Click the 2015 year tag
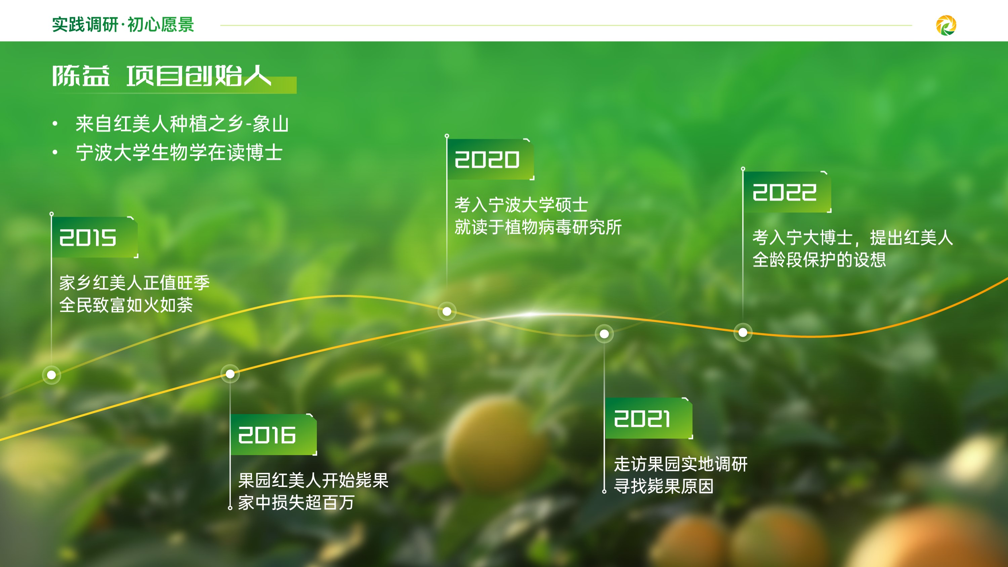[x=95, y=237]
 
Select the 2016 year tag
[x=274, y=435]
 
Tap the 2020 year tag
[x=491, y=159]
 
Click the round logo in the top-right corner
[x=946, y=26]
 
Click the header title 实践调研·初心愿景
[x=123, y=25]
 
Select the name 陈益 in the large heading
[x=81, y=76]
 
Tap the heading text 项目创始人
[x=199, y=76]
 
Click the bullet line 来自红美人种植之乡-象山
[x=182, y=124]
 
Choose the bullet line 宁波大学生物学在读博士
[x=179, y=153]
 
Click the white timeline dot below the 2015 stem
[x=51, y=375]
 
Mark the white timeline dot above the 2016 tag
[x=230, y=374]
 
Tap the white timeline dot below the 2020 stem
[x=447, y=312]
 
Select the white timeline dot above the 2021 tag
[x=604, y=334]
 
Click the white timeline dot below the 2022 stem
[x=743, y=333]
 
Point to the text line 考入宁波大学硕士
[x=521, y=205]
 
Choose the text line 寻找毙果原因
[x=664, y=486]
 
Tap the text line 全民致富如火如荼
[x=126, y=305]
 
